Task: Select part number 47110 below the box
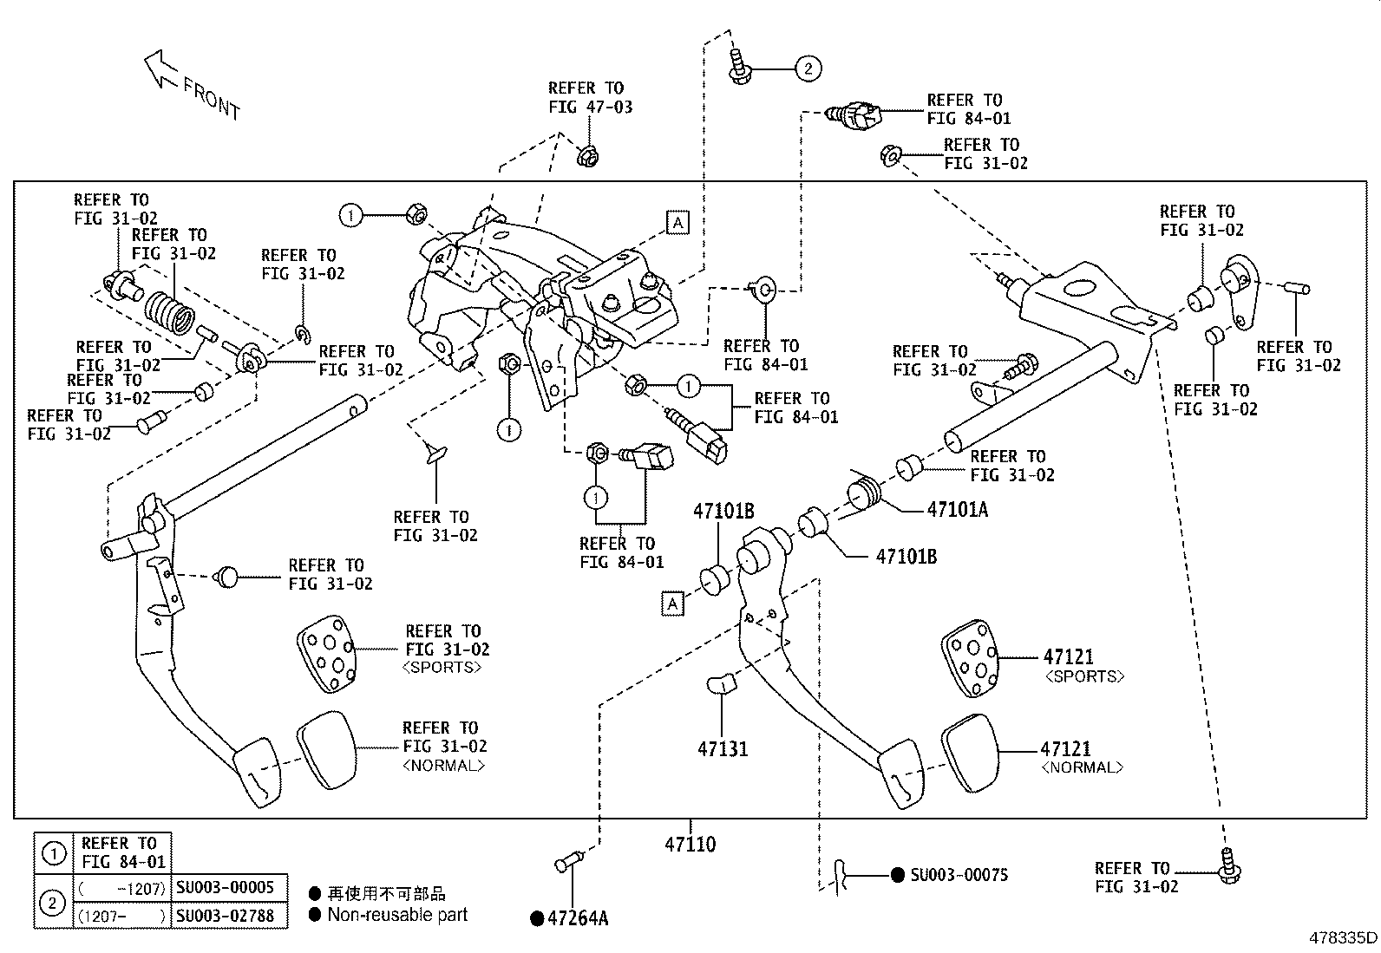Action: pyautogui.click(x=690, y=844)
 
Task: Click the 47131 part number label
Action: pyautogui.click(x=722, y=749)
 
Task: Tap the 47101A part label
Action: pyautogui.click(x=957, y=510)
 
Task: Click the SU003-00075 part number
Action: pyautogui.click(x=959, y=875)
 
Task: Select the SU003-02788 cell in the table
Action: pyautogui.click(x=225, y=915)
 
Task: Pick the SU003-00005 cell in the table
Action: pyautogui.click(x=225, y=887)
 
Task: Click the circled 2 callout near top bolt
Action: pyautogui.click(x=808, y=68)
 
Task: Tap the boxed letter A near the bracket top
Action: pyautogui.click(x=677, y=223)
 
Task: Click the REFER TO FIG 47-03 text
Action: pyautogui.click(x=590, y=98)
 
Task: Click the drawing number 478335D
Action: pyautogui.click(x=1343, y=937)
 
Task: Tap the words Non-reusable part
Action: pyautogui.click(x=397, y=915)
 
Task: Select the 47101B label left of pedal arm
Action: pyautogui.click(x=723, y=511)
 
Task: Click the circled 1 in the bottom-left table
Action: pyautogui.click(x=54, y=854)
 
